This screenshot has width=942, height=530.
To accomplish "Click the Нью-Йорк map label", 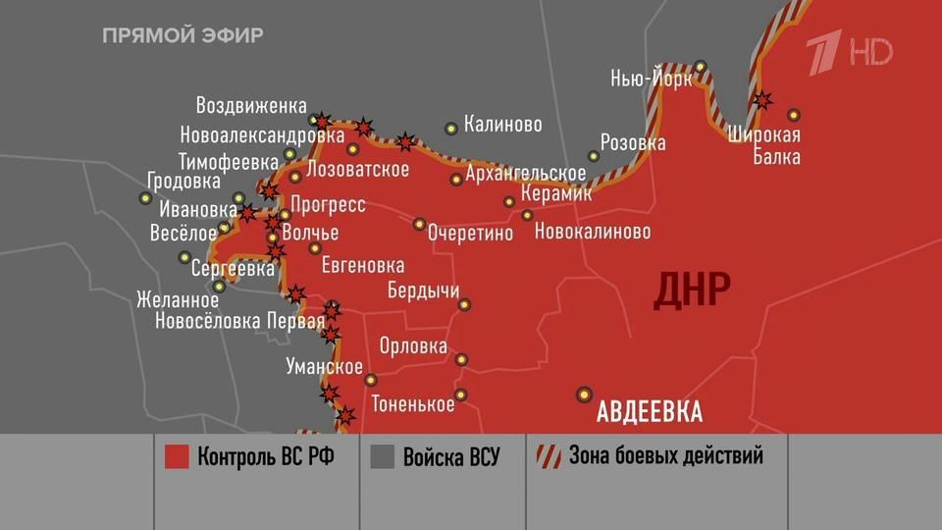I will (651, 79).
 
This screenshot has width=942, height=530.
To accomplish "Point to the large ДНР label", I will (692, 290).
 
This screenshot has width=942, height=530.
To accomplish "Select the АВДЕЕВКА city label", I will (650, 411).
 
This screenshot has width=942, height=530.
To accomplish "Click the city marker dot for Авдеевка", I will (585, 394).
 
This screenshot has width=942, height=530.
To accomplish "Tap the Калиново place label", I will (502, 126).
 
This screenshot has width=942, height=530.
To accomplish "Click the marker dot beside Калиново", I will (451, 128).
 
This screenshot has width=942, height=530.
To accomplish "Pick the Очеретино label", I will (471, 234).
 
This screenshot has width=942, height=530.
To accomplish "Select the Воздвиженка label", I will (251, 105).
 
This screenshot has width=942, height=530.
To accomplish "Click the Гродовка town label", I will (183, 182).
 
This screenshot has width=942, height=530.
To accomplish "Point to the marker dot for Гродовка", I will (146, 198).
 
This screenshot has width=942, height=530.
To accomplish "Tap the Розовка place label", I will (633, 143).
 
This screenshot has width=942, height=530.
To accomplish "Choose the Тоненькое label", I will (412, 404).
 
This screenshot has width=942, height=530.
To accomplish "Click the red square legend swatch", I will (177, 456).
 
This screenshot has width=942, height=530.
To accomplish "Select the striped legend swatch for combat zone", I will (547, 456).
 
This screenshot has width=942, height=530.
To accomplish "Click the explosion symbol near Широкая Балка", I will (760, 99).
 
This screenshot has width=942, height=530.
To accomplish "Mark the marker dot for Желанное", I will (220, 287).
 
